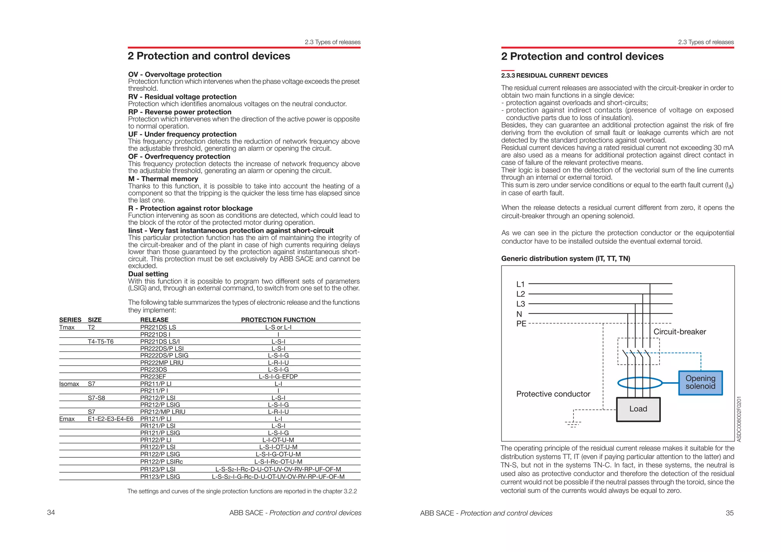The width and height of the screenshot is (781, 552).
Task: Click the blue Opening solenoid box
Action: [700, 383]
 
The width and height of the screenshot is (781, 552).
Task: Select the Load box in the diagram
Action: [638, 409]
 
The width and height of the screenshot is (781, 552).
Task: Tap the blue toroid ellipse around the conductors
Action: [640, 383]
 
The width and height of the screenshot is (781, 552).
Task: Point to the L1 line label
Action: [521, 284]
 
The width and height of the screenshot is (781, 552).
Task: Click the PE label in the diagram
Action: [521, 324]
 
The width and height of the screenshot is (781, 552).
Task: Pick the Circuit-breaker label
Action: [680, 332]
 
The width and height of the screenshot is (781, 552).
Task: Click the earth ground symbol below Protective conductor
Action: [573, 423]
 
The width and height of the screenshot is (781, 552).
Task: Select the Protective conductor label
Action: [553, 394]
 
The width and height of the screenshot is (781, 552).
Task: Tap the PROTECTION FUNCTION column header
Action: [278, 320]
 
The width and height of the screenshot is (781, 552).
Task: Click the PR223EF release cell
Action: [153, 377]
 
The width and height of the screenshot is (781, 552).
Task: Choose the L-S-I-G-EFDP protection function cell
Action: [278, 377]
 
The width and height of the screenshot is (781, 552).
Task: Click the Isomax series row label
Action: [69, 384]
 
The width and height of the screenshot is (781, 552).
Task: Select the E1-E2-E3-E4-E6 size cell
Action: [111, 419]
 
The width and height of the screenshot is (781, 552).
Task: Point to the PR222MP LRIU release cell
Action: [162, 362]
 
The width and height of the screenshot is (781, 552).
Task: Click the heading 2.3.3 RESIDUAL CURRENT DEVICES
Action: [554, 76]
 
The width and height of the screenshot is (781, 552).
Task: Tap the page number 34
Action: [51, 512]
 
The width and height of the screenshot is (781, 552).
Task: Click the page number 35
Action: [730, 513]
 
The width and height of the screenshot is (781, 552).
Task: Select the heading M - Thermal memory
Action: [163, 179]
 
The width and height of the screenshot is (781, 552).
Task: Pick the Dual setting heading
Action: [148, 274]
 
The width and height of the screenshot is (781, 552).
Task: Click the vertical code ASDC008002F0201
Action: [739, 419]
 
